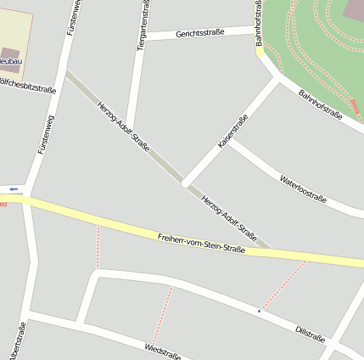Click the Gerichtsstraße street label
tap(200, 33)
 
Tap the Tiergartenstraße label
tap(143, 25)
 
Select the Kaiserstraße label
tap(232, 132)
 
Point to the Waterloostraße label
tap(303, 187)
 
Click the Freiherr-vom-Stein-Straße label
tap(201, 243)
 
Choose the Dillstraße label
tap(310, 333)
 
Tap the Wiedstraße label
tap(162, 351)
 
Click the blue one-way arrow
tap(14, 188)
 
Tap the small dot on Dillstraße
tap(260, 311)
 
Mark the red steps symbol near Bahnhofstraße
tap(354, 109)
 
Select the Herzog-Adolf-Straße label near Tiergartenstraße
tap(124, 127)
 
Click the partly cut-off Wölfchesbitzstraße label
tap(28, 88)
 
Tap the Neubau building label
tap(11, 62)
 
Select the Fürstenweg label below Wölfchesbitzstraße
tap(45, 133)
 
